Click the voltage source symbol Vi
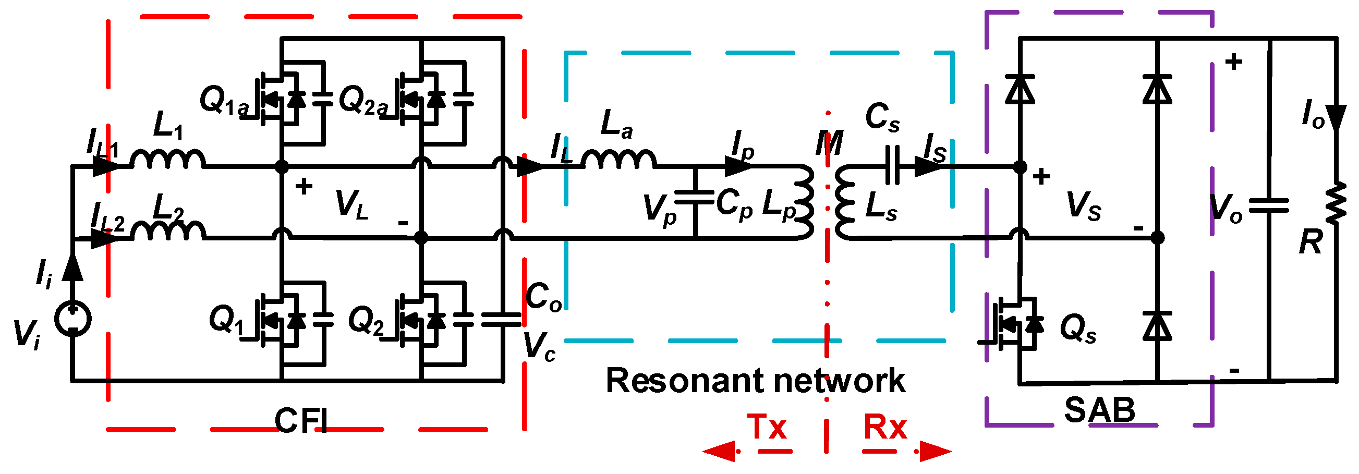(x=73, y=319)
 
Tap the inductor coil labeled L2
(x=168, y=231)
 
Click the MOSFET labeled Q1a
(x=280, y=98)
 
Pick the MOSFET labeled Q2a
(x=420, y=98)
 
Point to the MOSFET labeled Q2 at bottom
(x=420, y=320)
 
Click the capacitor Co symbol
(x=502, y=319)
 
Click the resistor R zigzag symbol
(x=1337, y=202)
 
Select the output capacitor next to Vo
(x=1269, y=205)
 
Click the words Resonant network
(x=756, y=381)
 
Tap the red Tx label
(x=767, y=427)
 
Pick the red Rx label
(x=885, y=427)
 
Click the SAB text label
(x=1099, y=410)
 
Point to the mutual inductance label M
(x=829, y=143)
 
